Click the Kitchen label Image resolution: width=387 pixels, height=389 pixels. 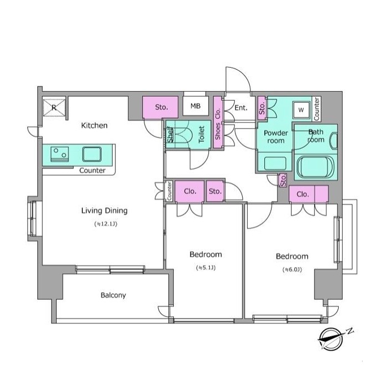click(94, 126)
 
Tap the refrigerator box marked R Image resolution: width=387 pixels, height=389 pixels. click(54, 108)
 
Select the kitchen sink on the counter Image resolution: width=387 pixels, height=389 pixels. click(92, 154)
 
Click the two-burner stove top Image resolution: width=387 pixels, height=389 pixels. click(60, 154)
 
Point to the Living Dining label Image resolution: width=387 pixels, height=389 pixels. click(104, 211)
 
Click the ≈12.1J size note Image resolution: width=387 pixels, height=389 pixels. click(105, 224)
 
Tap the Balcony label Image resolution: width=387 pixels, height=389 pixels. click(113, 295)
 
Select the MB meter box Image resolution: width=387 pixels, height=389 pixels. click(195, 106)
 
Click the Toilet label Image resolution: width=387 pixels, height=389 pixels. click(202, 134)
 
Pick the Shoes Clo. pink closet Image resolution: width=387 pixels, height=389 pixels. click(218, 122)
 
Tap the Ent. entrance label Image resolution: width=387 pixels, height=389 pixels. click(241, 108)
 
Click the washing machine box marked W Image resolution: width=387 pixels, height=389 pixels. click(301, 109)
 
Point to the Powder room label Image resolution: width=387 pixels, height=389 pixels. click(276, 137)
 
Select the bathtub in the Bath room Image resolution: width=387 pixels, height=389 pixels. click(315, 167)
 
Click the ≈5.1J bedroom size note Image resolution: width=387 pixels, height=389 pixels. click(206, 268)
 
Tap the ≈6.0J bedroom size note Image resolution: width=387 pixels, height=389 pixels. click(292, 270)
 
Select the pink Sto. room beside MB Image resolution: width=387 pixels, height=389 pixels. click(160, 107)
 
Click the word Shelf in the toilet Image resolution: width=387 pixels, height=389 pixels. click(170, 135)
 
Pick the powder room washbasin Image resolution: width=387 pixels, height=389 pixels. click(275, 164)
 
